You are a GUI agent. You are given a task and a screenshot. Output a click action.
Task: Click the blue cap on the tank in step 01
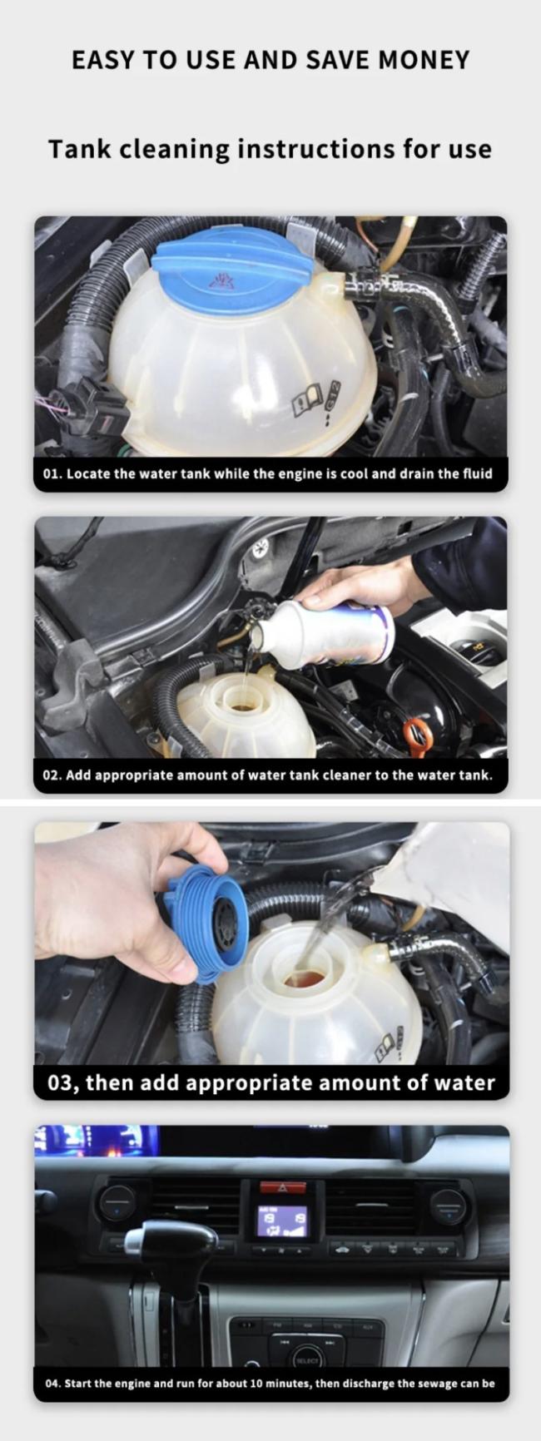coord(232,268)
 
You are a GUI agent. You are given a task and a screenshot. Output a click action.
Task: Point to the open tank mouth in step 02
coord(243,703)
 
